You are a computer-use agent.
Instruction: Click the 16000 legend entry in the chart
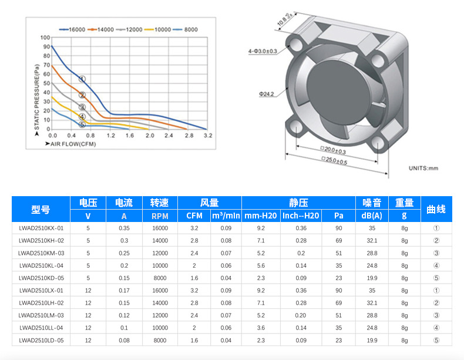click(x=72, y=29)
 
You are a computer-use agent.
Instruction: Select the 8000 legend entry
click(x=185, y=29)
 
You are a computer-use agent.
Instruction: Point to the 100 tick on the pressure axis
click(x=45, y=38)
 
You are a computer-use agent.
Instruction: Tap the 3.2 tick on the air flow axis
click(x=208, y=136)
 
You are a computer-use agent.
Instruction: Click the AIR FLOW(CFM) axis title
click(x=70, y=144)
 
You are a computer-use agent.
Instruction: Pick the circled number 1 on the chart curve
click(x=82, y=79)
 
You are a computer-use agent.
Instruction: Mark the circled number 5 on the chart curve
click(x=82, y=125)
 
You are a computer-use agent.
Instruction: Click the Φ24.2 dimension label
click(x=266, y=94)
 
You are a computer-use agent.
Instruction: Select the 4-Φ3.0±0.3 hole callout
click(x=263, y=51)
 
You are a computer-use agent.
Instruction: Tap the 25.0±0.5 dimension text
click(x=334, y=160)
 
